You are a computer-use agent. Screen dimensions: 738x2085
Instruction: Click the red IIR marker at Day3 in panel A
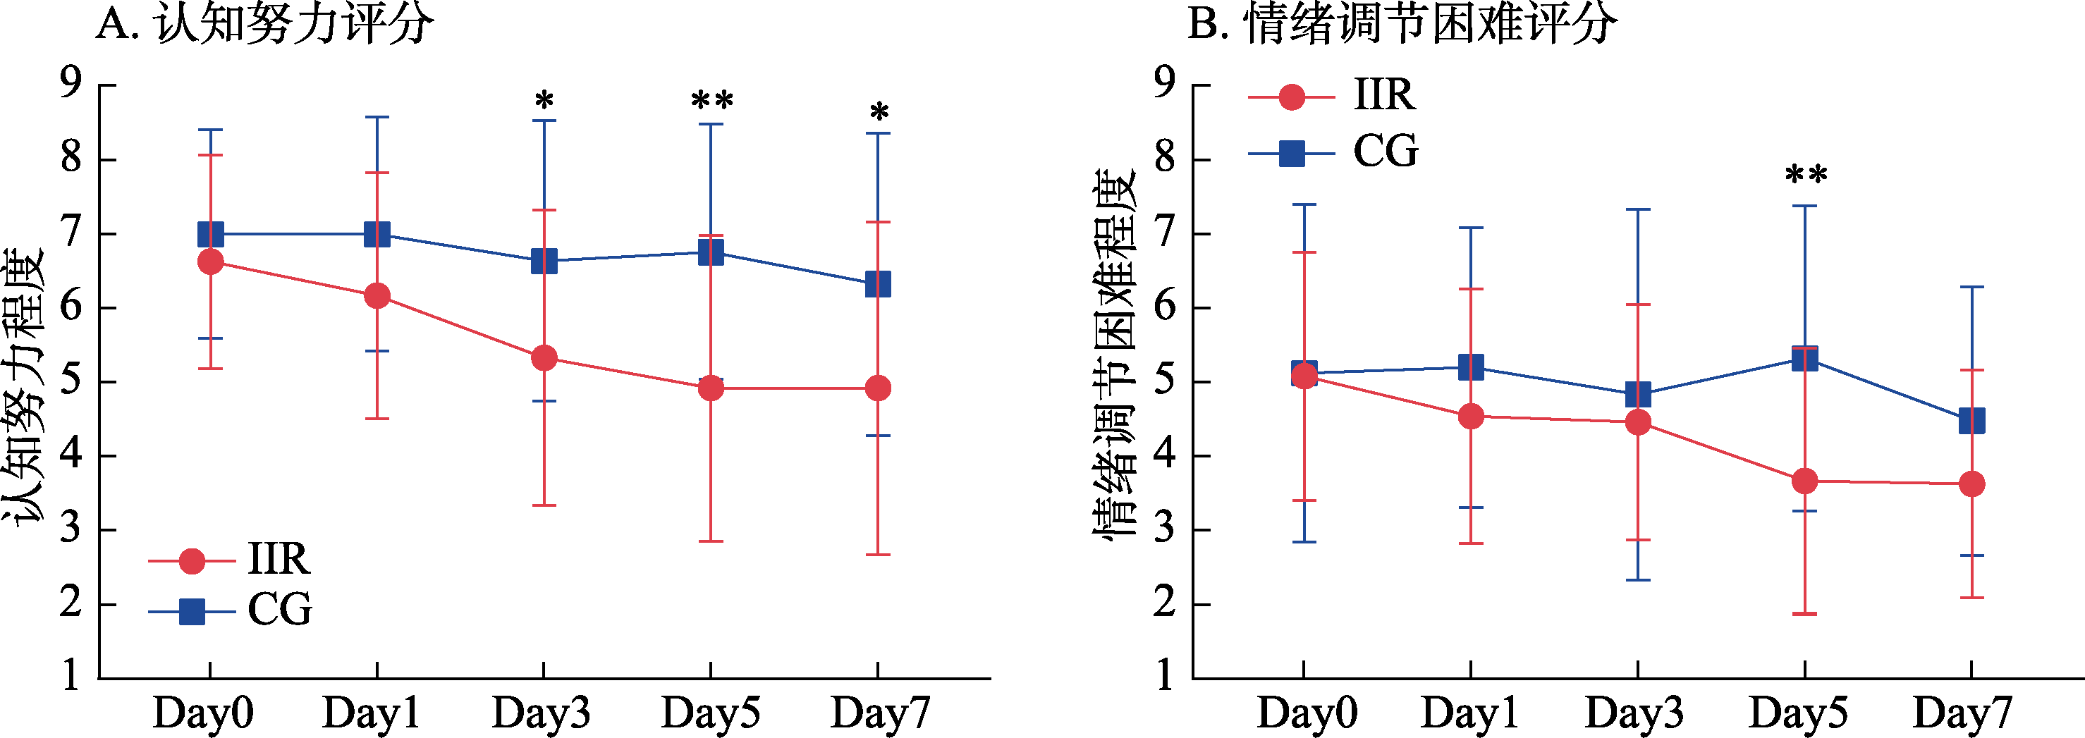pos(544,357)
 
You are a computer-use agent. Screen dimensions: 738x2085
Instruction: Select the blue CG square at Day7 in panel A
pos(878,284)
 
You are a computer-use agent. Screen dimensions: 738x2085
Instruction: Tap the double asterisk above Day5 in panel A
pos(711,102)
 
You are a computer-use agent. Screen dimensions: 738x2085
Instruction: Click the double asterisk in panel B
pos(1806,175)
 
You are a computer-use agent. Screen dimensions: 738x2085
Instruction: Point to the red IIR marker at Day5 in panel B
pos(1805,481)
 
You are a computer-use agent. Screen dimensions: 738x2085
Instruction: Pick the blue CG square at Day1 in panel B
pos(1471,367)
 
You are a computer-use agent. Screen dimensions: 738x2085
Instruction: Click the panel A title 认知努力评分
pos(264,24)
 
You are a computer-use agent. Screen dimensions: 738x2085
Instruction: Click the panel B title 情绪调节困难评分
pos(1402,24)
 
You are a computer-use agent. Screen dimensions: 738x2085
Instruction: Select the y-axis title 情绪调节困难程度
pos(1115,354)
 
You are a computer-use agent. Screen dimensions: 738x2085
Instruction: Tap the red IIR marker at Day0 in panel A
pos(210,262)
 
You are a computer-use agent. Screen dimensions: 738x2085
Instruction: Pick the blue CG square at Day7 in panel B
pos(1971,421)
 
